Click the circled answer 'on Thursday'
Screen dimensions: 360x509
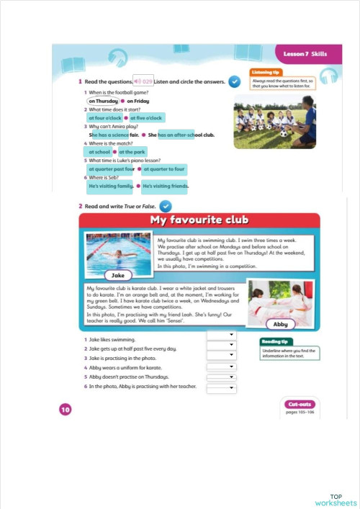point(103,102)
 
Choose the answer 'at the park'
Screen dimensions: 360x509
point(132,152)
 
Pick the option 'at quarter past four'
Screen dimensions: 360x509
point(110,169)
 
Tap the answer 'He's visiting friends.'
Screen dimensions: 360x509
point(164,186)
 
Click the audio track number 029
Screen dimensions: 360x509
point(143,83)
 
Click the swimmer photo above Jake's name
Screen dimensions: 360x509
point(117,251)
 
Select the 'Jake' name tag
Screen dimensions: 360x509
point(119,275)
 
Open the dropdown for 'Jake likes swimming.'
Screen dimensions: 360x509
point(221,335)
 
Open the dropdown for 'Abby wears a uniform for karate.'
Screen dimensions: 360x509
point(221,366)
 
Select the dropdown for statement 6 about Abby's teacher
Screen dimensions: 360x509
point(221,388)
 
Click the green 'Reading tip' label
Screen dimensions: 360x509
point(275,342)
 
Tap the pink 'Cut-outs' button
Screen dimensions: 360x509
point(301,404)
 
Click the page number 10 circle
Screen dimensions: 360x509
point(66,410)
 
